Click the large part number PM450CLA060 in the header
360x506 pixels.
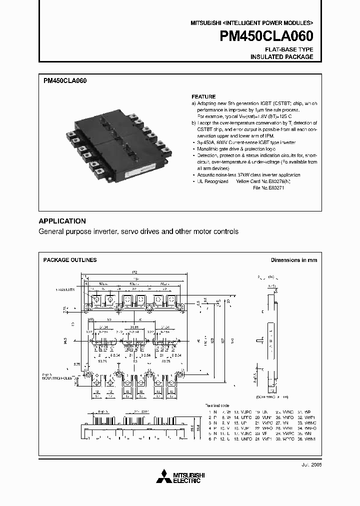click(x=266, y=37)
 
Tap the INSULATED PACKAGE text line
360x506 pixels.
click(x=281, y=57)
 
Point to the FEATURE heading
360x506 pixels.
click(x=203, y=96)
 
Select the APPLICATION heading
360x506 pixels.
click(x=62, y=221)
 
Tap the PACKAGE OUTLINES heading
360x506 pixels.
click(x=70, y=260)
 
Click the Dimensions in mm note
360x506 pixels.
click(x=293, y=260)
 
